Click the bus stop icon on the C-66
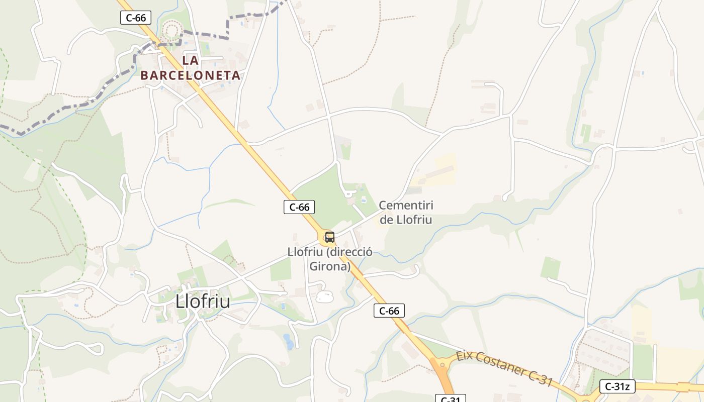point(330,237)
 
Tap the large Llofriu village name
point(203,301)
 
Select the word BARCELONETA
point(190,75)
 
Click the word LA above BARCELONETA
point(190,61)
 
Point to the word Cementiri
point(406,206)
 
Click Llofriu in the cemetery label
point(413,220)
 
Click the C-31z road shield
point(617,386)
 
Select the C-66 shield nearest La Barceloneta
point(136,18)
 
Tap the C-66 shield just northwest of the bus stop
point(299,207)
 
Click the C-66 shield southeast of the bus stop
point(389,311)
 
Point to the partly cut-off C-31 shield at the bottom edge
point(450,398)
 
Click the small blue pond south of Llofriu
point(288,341)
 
